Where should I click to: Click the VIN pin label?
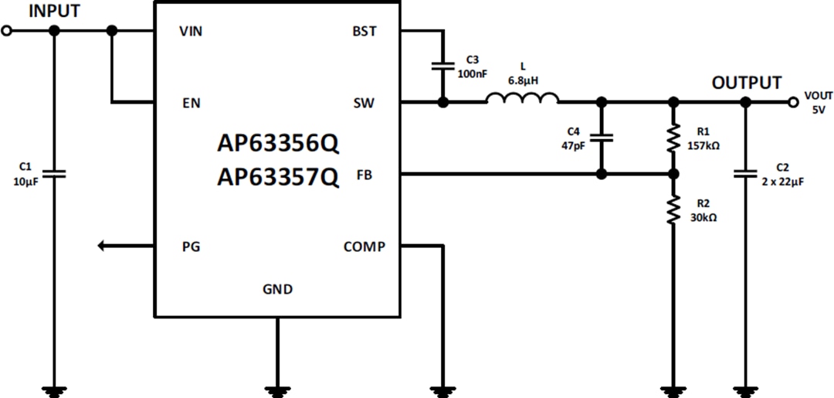pos(192,31)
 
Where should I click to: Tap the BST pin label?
pos(364,31)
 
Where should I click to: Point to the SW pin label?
pos(364,102)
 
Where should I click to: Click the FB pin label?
pos(364,175)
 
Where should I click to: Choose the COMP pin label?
pos(364,247)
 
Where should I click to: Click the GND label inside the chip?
pos(277,290)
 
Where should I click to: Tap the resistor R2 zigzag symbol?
pos(673,210)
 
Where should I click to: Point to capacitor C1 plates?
pos(53,174)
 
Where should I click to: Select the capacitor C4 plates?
pos(602,138)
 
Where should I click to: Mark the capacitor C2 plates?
pos(745,174)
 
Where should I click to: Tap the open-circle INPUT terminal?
pos(7,31)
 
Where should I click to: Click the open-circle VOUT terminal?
pos(792,102)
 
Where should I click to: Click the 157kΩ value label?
pos(703,145)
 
